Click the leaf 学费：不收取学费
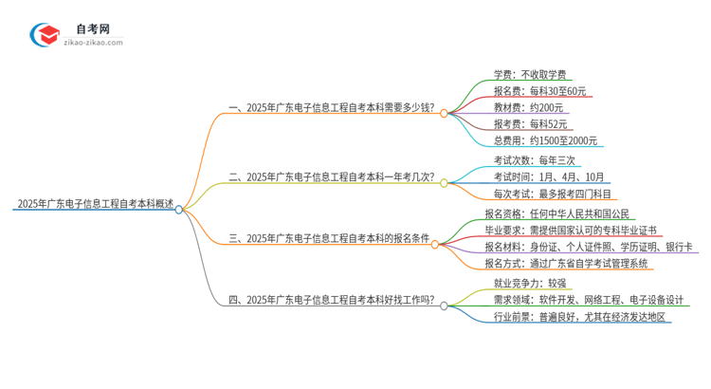531,73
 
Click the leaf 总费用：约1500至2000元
545,140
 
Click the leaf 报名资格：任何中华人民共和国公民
556,214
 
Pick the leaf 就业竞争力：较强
525,283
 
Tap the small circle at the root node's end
180,210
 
